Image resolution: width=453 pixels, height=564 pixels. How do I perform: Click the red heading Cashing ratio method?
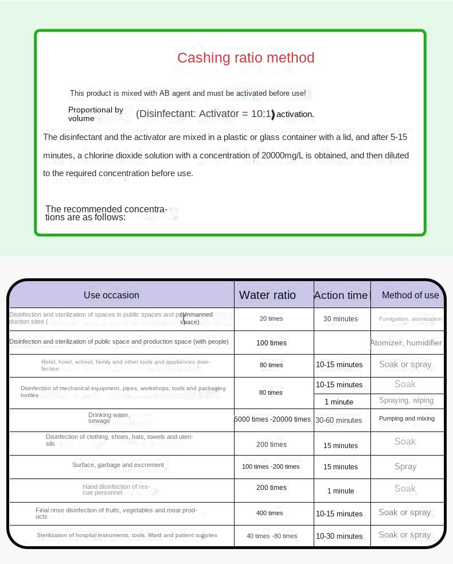(245, 58)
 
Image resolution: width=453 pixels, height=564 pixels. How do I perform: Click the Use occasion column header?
(111, 295)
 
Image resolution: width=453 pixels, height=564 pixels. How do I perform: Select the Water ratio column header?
(267, 295)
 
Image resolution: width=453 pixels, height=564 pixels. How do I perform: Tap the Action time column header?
(340, 295)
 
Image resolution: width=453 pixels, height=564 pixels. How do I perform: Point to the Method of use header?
(410, 295)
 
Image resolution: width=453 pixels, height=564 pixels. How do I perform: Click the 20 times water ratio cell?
(271, 318)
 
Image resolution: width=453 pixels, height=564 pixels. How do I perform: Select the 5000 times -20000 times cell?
(272, 419)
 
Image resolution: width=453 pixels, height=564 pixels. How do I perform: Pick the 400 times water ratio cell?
(270, 513)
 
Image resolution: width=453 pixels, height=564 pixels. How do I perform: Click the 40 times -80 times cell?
(272, 536)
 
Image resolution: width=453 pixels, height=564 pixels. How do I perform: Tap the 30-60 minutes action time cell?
(339, 420)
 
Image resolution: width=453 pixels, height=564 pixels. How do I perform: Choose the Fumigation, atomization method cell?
(410, 319)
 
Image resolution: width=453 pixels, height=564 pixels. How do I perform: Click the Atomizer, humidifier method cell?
(406, 343)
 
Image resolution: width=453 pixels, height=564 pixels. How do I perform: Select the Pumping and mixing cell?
(407, 418)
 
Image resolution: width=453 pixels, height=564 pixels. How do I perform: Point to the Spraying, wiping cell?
(407, 400)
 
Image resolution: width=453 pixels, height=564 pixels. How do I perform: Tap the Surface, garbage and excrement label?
(118, 465)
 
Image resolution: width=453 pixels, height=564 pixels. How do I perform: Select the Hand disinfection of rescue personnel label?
(116, 489)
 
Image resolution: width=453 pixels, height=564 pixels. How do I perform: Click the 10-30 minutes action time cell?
(339, 536)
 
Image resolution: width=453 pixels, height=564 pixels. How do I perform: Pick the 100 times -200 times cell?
(271, 466)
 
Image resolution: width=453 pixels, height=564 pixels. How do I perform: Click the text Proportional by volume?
(96, 114)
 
